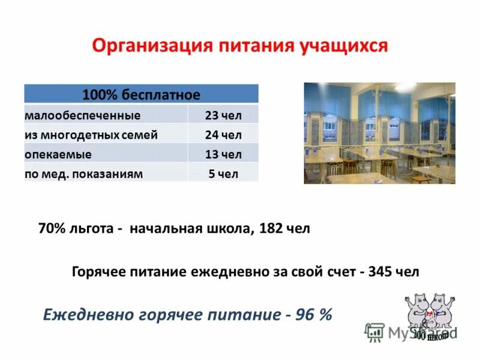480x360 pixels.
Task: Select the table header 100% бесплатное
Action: pos(141,94)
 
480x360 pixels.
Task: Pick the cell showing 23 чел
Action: pos(223,115)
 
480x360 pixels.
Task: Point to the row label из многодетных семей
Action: pos(91,135)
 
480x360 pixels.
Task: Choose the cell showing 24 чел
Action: pos(223,135)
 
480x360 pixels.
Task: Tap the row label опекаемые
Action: pos(58,154)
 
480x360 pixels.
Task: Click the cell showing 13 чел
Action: pos(223,154)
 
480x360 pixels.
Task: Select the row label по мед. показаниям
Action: pos(83,174)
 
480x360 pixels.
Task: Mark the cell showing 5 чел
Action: pos(223,174)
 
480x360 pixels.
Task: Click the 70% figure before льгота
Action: pos(50,229)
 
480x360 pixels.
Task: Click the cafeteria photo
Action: pos(379,133)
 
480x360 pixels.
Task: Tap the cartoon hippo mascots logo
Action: pos(431,315)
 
